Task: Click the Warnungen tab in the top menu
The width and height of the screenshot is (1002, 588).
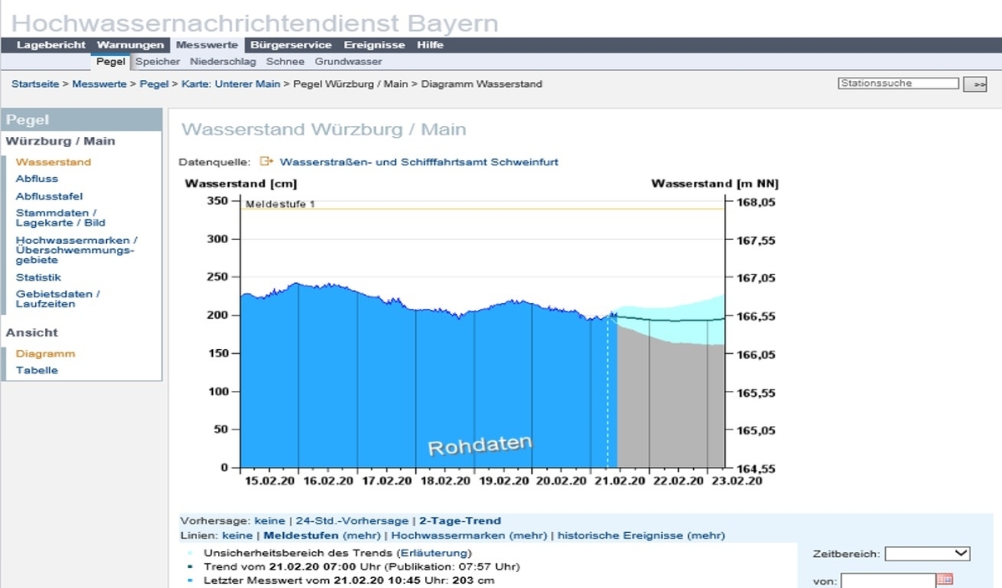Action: [x=130, y=45]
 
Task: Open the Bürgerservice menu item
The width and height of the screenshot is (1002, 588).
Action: [x=291, y=45]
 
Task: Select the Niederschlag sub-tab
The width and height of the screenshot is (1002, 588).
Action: [x=223, y=62]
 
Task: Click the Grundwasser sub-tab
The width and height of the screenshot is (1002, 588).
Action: [x=348, y=62]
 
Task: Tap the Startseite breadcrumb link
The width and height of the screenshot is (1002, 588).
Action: [x=35, y=84]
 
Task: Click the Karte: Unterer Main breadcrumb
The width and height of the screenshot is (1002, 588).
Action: [x=230, y=84]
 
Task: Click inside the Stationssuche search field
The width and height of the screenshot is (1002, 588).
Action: [x=898, y=84]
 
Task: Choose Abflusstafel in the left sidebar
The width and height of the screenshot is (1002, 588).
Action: [x=49, y=196]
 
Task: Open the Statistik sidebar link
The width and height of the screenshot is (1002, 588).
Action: [x=38, y=277]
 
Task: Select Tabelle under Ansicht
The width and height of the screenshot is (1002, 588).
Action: [x=37, y=371]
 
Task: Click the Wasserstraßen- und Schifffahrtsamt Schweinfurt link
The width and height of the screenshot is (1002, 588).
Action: [x=418, y=162]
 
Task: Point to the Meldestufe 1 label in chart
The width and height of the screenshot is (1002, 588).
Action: [x=281, y=204]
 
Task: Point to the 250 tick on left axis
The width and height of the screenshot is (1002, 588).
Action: [x=217, y=277]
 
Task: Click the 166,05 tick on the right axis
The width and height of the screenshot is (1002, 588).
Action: [x=756, y=355]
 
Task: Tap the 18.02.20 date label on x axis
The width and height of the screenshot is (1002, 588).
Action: [x=445, y=481]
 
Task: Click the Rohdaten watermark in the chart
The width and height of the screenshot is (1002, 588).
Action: [x=480, y=445]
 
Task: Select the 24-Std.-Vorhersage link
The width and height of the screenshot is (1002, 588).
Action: [x=352, y=521]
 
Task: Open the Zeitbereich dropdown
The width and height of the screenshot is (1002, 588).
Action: [x=928, y=554]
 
